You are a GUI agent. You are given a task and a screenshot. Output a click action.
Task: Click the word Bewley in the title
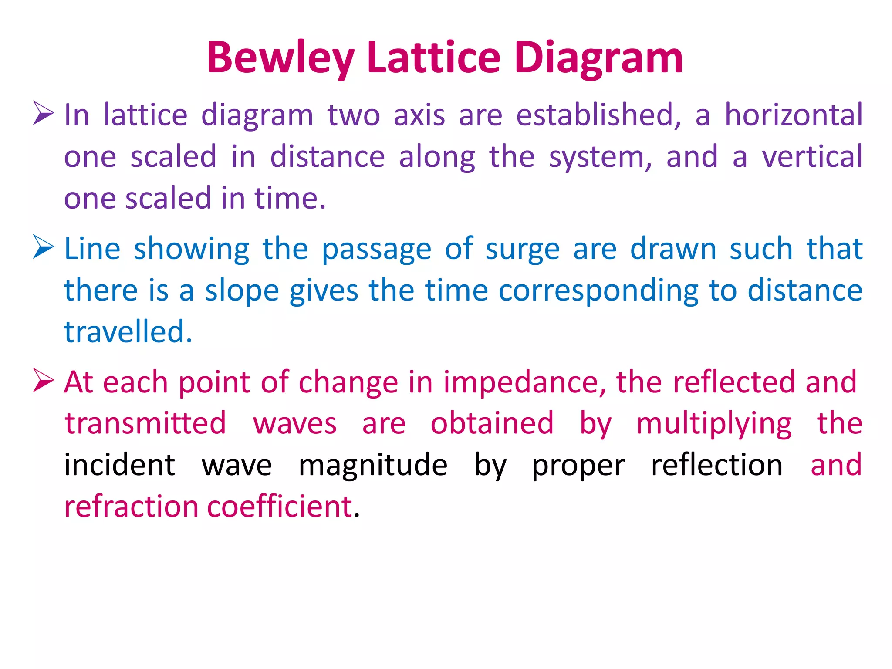280,58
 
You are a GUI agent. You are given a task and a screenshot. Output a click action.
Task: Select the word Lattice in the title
434,57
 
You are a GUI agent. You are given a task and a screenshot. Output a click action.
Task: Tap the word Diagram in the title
598,58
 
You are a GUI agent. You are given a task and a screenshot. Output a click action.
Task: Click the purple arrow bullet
43,113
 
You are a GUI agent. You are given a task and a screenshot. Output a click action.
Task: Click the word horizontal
793,115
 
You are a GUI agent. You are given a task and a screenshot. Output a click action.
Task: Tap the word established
598,115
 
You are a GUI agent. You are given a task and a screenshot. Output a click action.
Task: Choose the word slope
242,291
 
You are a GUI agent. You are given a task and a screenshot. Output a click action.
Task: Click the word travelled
127,331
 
